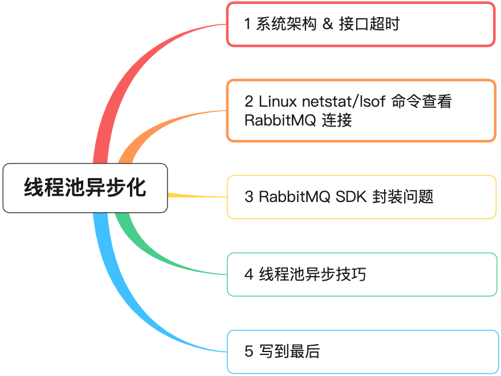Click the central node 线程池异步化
(85, 188)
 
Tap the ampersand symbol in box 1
(327, 24)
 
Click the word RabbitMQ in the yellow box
(294, 197)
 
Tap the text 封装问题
(402, 197)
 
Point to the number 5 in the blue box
(249, 351)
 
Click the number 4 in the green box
(249, 274)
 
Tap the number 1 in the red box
(247, 24)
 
